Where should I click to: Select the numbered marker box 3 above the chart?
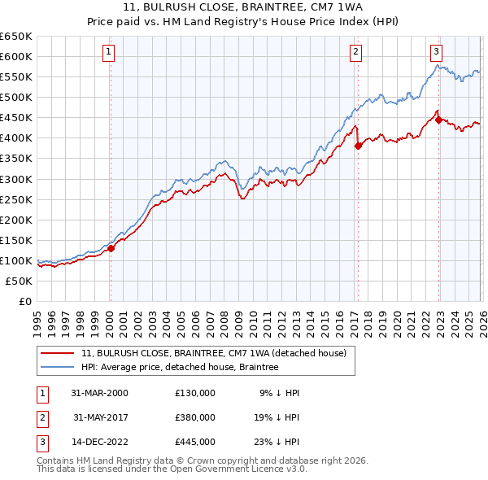point(436,50)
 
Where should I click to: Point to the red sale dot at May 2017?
point(358,146)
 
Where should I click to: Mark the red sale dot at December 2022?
point(438,120)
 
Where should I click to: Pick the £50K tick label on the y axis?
point(20,281)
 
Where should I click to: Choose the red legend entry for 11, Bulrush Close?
point(214,353)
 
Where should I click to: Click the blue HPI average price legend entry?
point(180,367)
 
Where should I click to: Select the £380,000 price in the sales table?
point(195,417)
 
